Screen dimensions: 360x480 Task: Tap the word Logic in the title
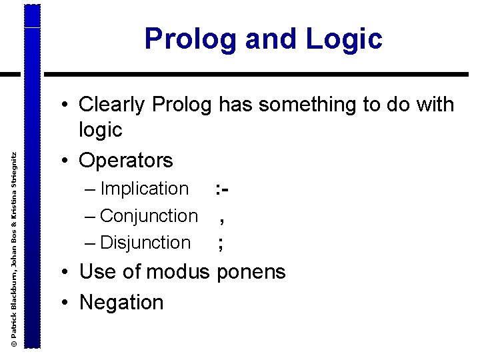tap(345, 39)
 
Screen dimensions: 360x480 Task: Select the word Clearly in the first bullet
tap(112, 105)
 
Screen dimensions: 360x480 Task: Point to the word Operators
tap(126, 161)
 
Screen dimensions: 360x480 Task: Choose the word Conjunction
tap(149, 216)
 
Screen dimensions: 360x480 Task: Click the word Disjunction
tap(145, 243)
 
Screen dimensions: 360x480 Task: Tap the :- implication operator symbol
tap(223, 189)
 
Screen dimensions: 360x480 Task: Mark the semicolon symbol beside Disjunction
tap(221, 245)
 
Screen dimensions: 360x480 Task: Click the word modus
tap(177, 272)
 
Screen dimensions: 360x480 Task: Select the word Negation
tap(121, 303)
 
